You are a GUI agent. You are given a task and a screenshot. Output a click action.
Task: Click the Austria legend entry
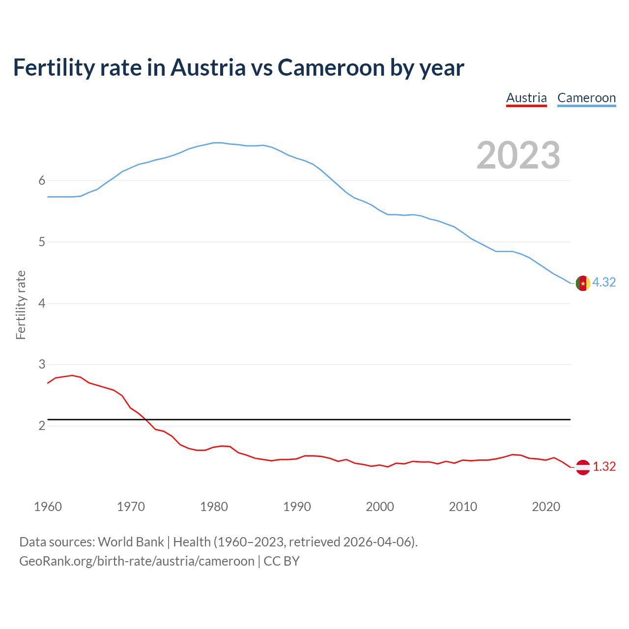(x=526, y=98)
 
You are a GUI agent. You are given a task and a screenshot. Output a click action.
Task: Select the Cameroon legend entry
(x=586, y=98)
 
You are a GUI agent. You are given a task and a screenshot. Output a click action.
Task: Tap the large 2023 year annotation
(x=518, y=155)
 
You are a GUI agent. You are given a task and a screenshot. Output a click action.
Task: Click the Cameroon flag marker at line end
(x=582, y=284)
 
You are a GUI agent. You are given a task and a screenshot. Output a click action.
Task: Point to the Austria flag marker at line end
(x=582, y=467)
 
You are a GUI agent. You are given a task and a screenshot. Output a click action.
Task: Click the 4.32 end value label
(x=604, y=282)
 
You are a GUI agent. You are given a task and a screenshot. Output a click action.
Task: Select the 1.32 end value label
(x=604, y=466)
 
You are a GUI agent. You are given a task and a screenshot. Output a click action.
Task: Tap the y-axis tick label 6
(x=42, y=181)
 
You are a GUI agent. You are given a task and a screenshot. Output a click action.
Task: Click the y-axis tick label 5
(x=42, y=242)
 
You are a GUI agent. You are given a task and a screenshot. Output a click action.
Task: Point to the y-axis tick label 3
(x=42, y=365)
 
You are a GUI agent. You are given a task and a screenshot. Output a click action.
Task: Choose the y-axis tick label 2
(x=42, y=426)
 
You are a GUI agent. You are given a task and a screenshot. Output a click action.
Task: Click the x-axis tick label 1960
(x=48, y=507)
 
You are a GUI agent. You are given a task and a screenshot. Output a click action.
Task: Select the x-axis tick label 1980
(x=214, y=507)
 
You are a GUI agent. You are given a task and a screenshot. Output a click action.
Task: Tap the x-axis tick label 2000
(x=380, y=507)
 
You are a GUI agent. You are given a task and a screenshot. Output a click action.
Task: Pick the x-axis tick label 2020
(x=546, y=507)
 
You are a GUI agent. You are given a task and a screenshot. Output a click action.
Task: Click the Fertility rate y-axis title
(x=21, y=305)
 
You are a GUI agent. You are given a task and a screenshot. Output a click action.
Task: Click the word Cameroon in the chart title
(x=332, y=67)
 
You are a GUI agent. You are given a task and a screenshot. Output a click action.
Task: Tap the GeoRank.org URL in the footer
(x=137, y=561)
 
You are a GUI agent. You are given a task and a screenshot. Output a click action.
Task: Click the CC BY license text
(x=282, y=561)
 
